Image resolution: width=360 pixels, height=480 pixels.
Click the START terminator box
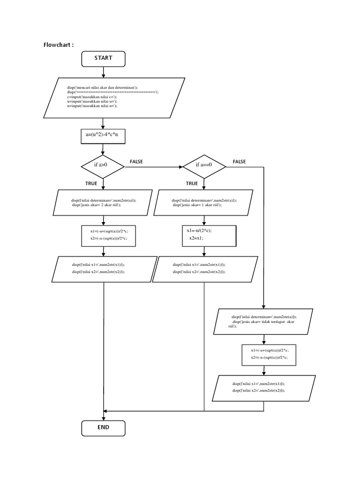click(103, 58)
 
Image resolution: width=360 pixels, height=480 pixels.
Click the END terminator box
click(103, 427)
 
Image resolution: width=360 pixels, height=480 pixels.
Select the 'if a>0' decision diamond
click(103, 165)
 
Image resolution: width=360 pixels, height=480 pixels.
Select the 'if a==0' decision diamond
click(204, 165)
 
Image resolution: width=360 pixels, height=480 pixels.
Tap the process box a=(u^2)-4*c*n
click(103, 136)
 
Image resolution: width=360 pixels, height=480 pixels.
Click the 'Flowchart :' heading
click(58, 45)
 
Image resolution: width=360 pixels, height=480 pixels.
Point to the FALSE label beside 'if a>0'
click(136, 162)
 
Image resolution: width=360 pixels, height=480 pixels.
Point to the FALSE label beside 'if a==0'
click(239, 162)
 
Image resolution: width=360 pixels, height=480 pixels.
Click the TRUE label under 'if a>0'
click(91, 183)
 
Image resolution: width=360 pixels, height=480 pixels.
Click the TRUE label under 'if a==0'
click(192, 183)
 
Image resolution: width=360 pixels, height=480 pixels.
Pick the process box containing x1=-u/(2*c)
click(208, 234)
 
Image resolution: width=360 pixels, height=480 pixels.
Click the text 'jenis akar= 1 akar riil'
click(197, 205)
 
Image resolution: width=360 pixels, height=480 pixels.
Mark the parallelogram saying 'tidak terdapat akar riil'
click(264, 321)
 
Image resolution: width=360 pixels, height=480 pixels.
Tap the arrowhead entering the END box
click(103, 417)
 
